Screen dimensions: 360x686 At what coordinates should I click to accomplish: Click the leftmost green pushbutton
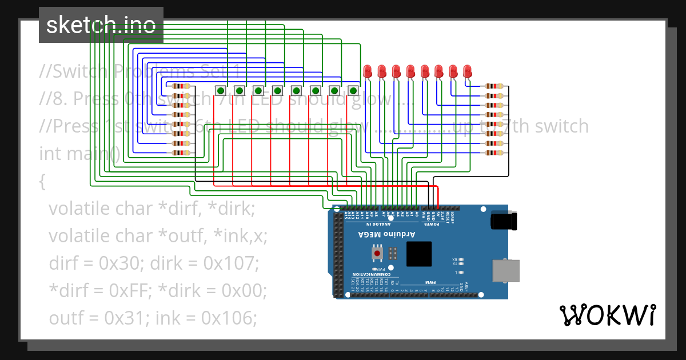coord(221,90)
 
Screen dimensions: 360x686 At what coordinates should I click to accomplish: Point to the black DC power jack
coord(504,221)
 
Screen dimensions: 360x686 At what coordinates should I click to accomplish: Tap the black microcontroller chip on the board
coord(419,254)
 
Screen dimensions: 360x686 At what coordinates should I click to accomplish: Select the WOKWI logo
coord(607,315)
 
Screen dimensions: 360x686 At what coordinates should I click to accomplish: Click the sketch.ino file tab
coord(101,25)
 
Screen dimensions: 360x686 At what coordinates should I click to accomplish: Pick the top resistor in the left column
coord(181,86)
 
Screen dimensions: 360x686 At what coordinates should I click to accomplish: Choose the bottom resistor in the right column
coord(494,153)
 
